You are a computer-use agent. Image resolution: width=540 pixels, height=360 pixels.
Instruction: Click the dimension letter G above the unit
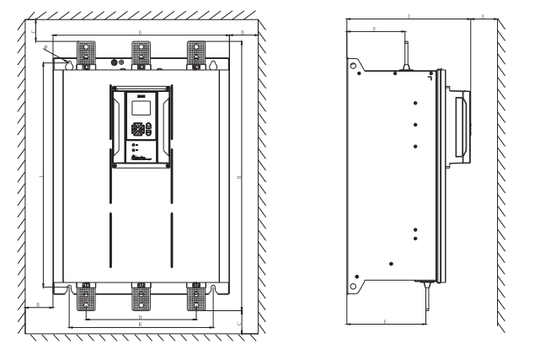click(140, 31)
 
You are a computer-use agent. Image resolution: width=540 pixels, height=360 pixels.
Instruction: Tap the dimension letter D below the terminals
click(140, 316)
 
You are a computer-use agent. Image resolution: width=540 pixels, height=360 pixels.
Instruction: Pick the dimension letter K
click(140, 325)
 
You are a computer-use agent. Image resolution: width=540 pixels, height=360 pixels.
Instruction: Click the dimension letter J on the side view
click(409, 15)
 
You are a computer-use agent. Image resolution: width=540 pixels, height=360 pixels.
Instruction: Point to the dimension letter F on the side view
click(374, 29)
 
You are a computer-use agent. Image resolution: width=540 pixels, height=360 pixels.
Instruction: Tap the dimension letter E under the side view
click(385, 322)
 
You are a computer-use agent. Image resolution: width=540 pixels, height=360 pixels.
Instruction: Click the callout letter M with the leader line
click(45, 49)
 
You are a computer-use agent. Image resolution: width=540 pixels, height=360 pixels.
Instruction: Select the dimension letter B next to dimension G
click(243, 31)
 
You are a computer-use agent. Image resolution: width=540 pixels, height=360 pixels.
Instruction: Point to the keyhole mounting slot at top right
click(214, 66)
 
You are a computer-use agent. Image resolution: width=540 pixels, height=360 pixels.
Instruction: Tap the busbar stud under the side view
click(428, 293)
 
